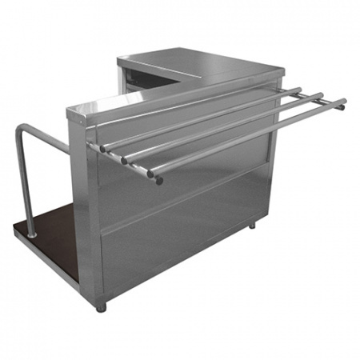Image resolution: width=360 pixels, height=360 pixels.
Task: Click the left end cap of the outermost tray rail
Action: click(158, 180)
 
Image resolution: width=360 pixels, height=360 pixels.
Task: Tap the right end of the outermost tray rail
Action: click(342, 102)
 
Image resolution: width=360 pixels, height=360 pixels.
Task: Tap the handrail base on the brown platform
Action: click(32, 234)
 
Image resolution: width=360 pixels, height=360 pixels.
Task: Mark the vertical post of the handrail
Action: click(26, 184)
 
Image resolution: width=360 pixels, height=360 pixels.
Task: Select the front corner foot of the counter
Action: click(101, 306)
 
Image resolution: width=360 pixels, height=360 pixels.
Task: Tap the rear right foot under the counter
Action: click(251, 226)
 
